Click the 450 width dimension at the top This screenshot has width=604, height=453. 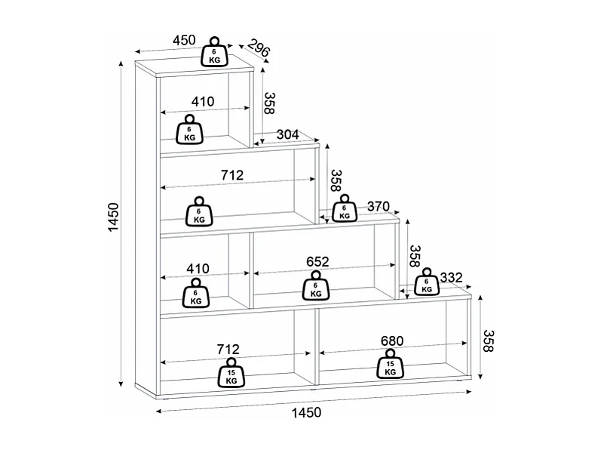pyautogui.click(x=184, y=40)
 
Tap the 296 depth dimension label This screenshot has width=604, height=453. pyautogui.click(x=259, y=48)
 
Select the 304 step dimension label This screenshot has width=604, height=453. pyautogui.click(x=288, y=134)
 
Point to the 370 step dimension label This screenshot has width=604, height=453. pyautogui.click(x=379, y=207)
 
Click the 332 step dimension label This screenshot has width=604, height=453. pyautogui.click(x=451, y=278)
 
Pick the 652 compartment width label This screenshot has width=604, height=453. pyautogui.click(x=317, y=262)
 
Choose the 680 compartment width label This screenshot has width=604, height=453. pyautogui.click(x=392, y=341)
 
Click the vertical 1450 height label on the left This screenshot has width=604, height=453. pyautogui.click(x=114, y=217)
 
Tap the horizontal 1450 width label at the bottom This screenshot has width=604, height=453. pyautogui.click(x=306, y=413)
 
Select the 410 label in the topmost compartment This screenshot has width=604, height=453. pyautogui.click(x=203, y=102)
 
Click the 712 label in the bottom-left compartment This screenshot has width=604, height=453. pyautogui.click(x=228, y=350)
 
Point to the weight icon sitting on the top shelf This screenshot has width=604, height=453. pyautogui.click(x=215, y=52)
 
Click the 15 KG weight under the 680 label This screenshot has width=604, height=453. pyautogui.click(x=390, y=365)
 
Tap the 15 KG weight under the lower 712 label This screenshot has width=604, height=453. pyautogui.click(x=231, y=373)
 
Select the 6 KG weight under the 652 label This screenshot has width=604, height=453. pyautogui.click(x=316, y=285)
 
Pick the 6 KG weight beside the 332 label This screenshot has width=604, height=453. pyautogui.click(x=427, y=282)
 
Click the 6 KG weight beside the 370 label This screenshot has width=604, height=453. pyautogui.click(x=345, y=208)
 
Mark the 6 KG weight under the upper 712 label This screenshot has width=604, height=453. pyautogui.click(x=199, y=211)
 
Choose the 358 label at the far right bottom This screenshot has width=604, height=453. pyautogui.click(x=489, y=341)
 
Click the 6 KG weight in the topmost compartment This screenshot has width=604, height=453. pyautogui.click(x=189, y=130)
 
